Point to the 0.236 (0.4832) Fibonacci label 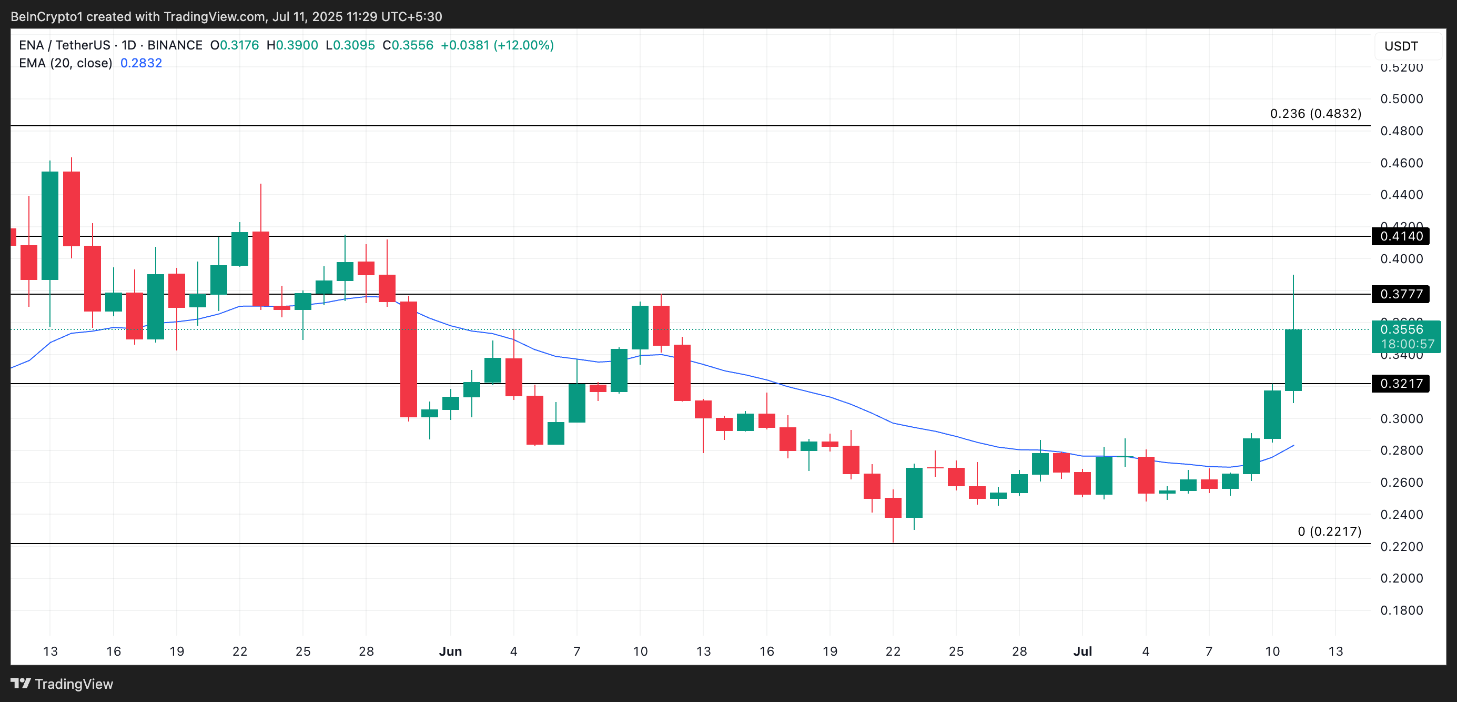click(x=1315, y=114)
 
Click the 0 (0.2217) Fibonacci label click(x=1329, y=531)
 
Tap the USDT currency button click(x=1401, y=46)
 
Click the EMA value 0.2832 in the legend click(x=141, y=63)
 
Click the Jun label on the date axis click(x=450, y=651)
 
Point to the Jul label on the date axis click(x=1082, y=651)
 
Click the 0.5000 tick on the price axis click(x=1401, y=99)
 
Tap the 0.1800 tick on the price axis click(x=1401, y=610)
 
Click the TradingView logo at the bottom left click(x=62, y=684)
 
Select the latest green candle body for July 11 click(x=1293, y=360)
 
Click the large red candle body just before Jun click(x=408, y=359)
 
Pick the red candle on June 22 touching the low click(x=893, y=507)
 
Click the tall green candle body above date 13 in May click(x=50, y=225)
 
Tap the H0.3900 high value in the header click(x=292, y=45)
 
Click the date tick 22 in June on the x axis click(x=893, y=651)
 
